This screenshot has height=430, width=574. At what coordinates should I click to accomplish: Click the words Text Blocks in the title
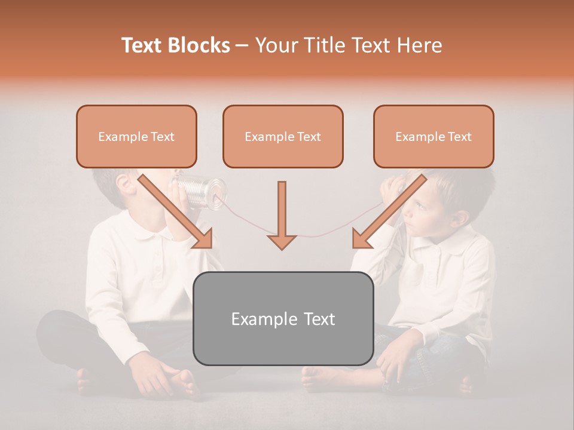(x=175, y=45)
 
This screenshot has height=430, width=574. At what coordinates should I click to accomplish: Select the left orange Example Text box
(x=136, y=136)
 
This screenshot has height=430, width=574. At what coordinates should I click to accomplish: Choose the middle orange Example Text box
(x=283, y=136)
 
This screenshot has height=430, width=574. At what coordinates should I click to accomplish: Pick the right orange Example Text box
(x=433, y=136)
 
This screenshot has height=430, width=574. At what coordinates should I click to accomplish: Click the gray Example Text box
(x=283, y=318)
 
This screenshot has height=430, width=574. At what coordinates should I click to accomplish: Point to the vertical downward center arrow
(x=282, y=215)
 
